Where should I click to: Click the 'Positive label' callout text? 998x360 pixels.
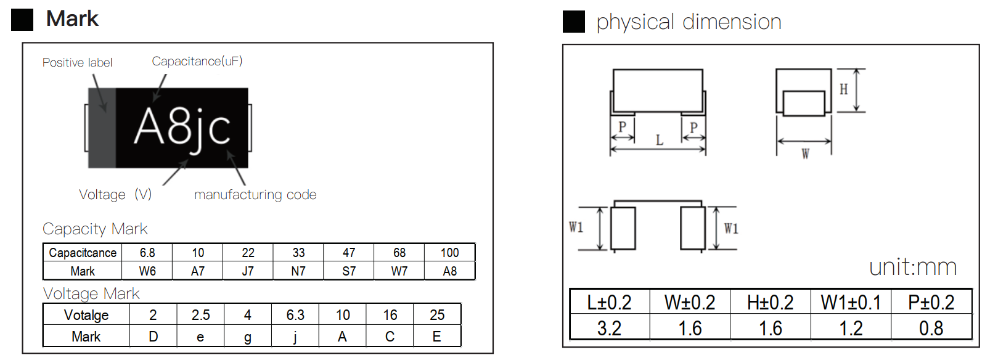click(77, 62)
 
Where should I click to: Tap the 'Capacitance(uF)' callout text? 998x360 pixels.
click(197, 61)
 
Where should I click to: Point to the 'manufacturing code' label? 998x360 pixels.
click(255, 195)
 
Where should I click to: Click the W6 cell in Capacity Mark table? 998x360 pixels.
click(147, 271)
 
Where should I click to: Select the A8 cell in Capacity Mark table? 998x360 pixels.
click(449, 271)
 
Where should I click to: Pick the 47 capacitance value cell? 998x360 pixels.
click(349, 253)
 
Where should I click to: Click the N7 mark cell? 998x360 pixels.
click(298, 271)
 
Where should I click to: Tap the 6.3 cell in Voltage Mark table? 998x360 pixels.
click(295, 315)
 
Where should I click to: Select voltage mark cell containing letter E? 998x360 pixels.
click(436, 337)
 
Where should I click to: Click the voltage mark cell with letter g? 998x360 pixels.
click(247, 337)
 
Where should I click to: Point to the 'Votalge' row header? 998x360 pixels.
click(86, 315)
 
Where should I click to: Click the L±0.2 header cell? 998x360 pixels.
click(609, 302)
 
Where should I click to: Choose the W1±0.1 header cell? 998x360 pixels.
click(851, 302)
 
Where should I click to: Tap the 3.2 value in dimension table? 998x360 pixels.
click(609, 328)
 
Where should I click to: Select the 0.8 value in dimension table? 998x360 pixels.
click(931, 328)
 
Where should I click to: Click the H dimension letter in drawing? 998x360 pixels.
click(843, 89)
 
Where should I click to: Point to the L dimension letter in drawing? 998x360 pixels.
click(659, 141)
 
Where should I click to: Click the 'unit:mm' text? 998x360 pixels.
click(912, 267)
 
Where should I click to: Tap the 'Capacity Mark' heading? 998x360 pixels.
click(95, 229)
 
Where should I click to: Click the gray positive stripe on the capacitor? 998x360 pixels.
click(102, 128)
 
